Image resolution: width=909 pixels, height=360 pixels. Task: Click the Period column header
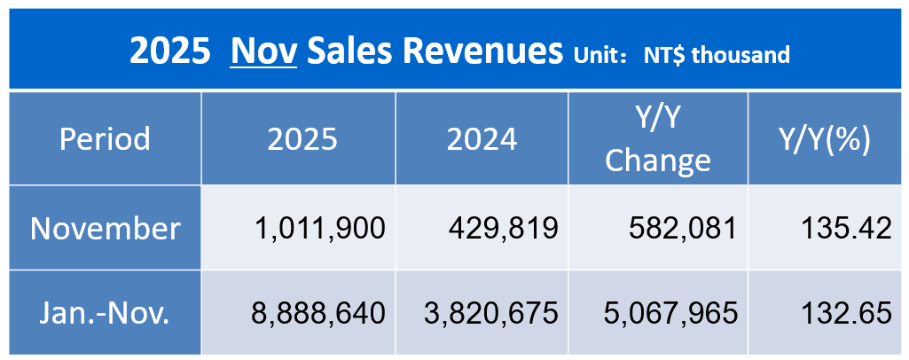coord(105,139)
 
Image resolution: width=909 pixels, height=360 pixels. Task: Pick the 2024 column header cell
coord(482,139)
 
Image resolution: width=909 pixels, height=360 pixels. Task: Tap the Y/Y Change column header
coord(658,139)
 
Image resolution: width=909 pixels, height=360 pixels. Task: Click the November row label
coord(105,229)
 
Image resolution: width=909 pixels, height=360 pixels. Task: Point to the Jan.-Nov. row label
coord(105,312)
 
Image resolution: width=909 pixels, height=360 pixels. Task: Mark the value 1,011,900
coord(320,229)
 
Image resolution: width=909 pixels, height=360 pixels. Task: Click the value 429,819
coord(502,229)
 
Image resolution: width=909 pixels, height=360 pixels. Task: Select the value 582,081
coord(680,229)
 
